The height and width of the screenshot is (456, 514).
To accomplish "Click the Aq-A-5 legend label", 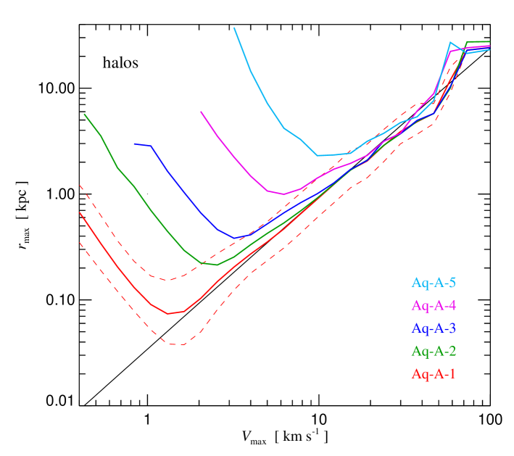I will click(x=434, y=283).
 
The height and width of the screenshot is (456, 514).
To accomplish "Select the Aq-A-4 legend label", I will click(x=434, y=305).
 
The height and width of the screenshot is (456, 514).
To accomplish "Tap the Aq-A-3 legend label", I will click(x=434, y=328).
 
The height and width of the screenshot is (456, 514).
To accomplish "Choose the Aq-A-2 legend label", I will click(x=434, y=352).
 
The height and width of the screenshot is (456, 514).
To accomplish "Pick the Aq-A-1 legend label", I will click(x=434, y=374).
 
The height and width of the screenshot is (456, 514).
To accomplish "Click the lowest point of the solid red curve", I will click(x=168, y=314).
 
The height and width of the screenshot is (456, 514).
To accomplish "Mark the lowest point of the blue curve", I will click(x=235, y=238).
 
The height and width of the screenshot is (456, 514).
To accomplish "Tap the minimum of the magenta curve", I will click(x=283, y=194).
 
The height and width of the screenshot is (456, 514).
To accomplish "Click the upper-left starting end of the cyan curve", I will click(x=233, y=28).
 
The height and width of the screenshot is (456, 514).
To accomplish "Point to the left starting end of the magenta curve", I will click(x=201, y=112).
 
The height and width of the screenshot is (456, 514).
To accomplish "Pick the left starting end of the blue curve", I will click(x=135, y=144).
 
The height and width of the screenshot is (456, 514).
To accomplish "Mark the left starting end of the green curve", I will click(x=84, y=113).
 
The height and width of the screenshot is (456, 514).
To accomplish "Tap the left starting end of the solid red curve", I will click(x=80, y=212).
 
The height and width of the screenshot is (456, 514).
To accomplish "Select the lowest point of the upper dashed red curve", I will click(x=167, y=280).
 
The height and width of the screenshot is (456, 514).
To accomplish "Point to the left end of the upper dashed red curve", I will click(x=80, y=186).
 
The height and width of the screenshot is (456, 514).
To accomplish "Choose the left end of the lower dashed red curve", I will click(x=80, y=242).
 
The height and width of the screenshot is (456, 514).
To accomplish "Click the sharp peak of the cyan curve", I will click(x=450, y=43).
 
